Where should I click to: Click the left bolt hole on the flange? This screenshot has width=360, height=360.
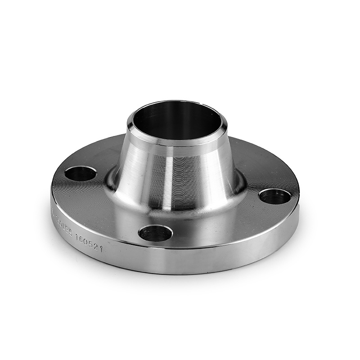tap(80, 173)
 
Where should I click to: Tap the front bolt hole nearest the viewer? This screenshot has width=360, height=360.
tap(155, 233)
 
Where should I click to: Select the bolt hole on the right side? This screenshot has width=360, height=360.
tap(274, 196)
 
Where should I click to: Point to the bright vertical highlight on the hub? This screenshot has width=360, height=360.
tap(166, 180)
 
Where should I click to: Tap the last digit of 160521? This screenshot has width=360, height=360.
tap(101, 248)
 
